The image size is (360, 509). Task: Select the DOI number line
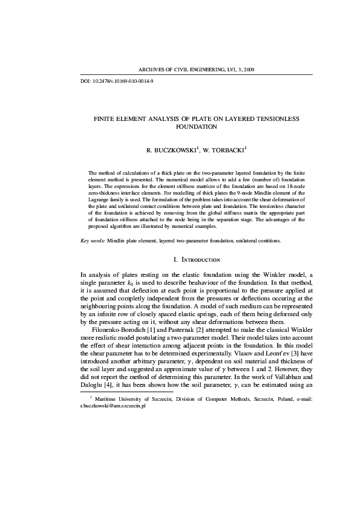point(117,80)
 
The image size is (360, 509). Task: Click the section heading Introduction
point(202,260)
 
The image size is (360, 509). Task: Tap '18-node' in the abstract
point(297,187)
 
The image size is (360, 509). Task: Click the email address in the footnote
point(113,424)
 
